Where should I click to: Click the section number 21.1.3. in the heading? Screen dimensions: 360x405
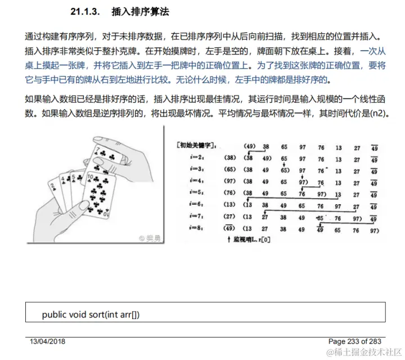click(x=86, y=11)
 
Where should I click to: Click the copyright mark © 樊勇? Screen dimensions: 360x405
click(x=151, y=238)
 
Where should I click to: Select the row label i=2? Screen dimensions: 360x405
click(x=197, y=159)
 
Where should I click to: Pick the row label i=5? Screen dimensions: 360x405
click(x=197, y=192)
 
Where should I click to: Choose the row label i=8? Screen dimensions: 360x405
click(x=197, y=228)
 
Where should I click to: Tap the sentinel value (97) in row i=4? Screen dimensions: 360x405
click(x=229, y=182)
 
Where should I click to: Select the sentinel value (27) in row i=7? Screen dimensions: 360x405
click(x=229, y=217)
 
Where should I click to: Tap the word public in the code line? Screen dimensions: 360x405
click(x=55, y=314)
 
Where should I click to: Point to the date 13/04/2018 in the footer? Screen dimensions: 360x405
click(x=48, y=341)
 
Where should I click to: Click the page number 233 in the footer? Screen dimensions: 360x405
click(x=357, y=341)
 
